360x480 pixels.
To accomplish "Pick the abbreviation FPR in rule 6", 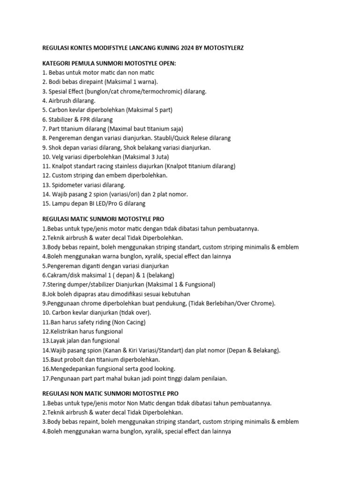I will coord(83,120).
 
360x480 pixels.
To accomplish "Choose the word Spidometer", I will coord(67,185).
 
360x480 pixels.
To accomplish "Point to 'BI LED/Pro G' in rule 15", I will coord(102,203).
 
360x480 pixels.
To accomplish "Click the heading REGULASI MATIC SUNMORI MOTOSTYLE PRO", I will coord(103,219).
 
